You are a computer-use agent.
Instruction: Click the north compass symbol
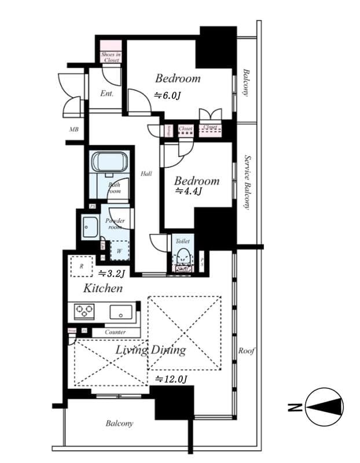[x=324, y=407]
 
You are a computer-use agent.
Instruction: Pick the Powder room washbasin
[x=90, y=226]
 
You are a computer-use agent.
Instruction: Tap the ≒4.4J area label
[x=188, y=191]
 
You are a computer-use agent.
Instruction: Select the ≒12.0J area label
[x=171, y=379]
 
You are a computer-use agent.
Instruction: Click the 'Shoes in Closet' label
[x=110, y=57]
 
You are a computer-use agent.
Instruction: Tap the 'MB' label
[x=74, y=129]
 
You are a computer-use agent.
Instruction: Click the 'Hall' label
[x=146, y=174]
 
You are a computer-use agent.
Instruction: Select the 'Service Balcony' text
[x=247, y=181]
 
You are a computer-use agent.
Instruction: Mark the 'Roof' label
[x=247, y=351]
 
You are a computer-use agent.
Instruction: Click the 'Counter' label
[x=116, y=332]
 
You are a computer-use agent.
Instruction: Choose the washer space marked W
[x=119, y=251]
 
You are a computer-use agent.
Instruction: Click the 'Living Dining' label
[x=150, y=350]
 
